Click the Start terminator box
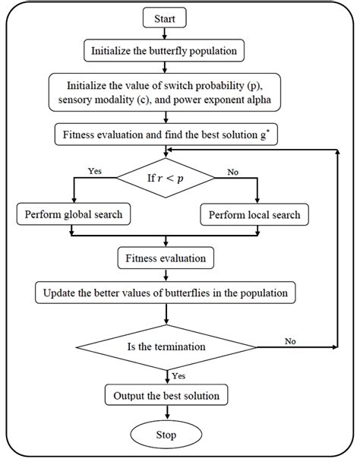pos(166,17)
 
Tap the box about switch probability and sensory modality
pos(166,90)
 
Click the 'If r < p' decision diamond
pos(166,179)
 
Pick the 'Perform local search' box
pos(254,215)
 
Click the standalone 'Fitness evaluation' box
pos(166,258)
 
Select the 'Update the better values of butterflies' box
pos(166,292)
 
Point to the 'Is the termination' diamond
pos(166,348)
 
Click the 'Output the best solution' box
pos(166,396)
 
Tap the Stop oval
pos(166,435)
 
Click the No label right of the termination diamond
pos(290,341)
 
